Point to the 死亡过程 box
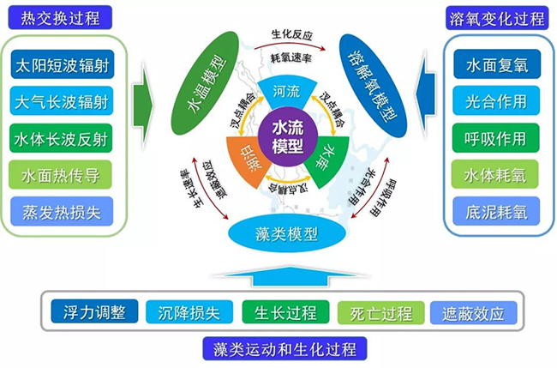(x=374, y=312)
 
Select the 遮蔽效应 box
(x=473, y=312)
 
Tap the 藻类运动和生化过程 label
(x=286, y=348)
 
